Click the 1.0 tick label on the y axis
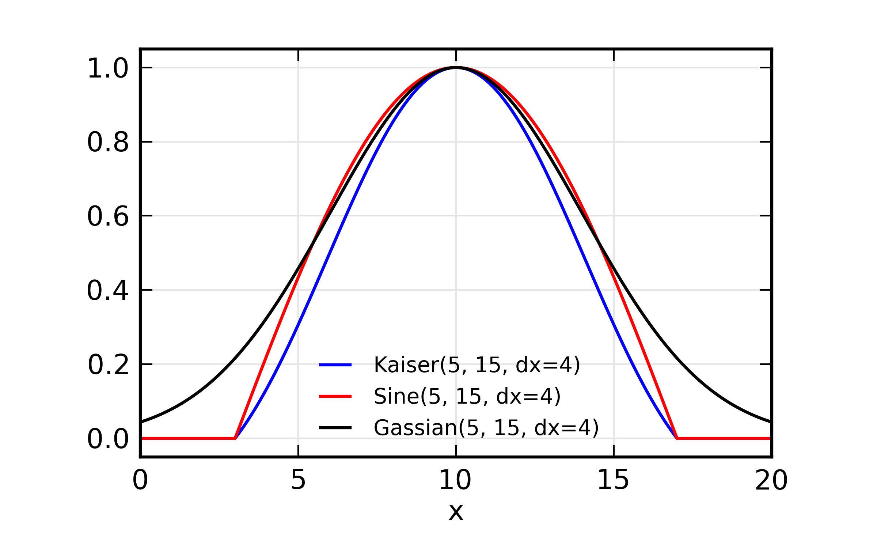(108, 68)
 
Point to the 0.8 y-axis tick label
(108, 142)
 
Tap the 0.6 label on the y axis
(108, 216)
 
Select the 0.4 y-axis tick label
(108, 291)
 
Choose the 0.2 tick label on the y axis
(109, 365)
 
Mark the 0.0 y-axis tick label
(108, 439)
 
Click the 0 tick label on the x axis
(140, 480)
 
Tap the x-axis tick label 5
(298, 480)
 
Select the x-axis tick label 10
(455, 480)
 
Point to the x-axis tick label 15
(613, 480)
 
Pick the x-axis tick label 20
(771, 480)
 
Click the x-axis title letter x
(456, 512)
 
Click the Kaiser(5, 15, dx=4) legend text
(477, 365)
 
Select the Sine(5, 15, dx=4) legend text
(467, 396)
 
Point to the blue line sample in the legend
(335, 365)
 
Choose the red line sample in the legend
(335, 396)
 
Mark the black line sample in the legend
(335, 428)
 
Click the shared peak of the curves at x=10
(456, 68)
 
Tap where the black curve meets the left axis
(141, 422)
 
